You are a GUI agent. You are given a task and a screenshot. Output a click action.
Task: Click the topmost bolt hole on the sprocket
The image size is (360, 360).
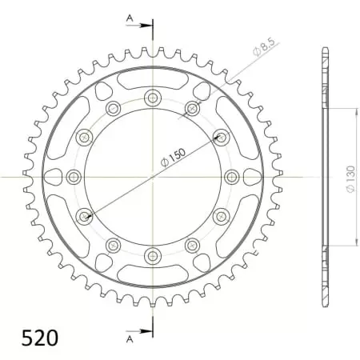coord(152,98)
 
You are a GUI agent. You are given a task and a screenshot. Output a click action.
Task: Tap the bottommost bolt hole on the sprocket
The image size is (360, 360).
coord(152,255)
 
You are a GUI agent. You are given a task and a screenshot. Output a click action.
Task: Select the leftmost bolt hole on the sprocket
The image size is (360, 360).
coord(74,176)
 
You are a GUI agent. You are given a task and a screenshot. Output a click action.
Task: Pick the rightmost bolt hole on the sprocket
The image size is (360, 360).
coord(230,176)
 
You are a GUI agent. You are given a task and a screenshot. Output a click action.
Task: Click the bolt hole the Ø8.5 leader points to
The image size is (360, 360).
coord(192,108)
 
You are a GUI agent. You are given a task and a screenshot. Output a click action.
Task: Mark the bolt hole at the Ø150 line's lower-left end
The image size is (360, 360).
coord(84,215)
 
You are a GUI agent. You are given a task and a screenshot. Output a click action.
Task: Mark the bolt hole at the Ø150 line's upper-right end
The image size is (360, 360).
coord(220,137)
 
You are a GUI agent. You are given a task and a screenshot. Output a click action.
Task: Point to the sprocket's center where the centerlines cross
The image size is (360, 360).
coord(152,176)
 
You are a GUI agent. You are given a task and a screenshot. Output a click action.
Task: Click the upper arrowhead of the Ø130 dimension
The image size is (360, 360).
coord(334,110)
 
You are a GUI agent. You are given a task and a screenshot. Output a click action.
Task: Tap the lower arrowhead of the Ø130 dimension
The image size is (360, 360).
coord(334,243)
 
